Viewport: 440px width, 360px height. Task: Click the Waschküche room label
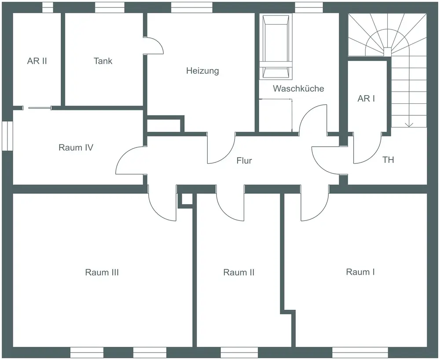298,88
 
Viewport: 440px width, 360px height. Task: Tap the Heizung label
202,70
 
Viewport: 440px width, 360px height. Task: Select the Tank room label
103,61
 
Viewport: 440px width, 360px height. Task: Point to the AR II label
37,61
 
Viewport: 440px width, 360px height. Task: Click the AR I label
366,99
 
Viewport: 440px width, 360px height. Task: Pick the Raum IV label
76,147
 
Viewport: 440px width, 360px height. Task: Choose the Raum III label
102,272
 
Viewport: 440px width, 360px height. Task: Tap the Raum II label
239,272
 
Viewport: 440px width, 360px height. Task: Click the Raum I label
360,272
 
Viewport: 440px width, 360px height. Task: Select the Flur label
244,161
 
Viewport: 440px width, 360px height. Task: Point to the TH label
389,160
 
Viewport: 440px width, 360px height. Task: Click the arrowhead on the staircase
409,125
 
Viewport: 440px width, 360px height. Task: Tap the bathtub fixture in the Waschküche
276,47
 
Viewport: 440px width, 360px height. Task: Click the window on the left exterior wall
7,136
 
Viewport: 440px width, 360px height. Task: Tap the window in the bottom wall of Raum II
239,353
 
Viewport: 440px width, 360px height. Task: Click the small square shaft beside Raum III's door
185,200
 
